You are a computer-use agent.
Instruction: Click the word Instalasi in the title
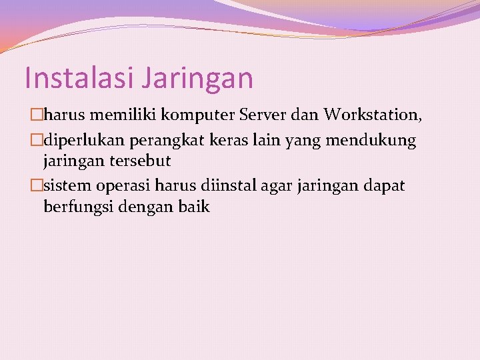[81, 77]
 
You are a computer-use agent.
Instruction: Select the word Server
[263, 115]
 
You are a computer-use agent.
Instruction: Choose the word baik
[194, 207]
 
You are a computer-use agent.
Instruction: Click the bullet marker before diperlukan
[37, 141]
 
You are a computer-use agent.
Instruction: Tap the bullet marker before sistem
[37, 186]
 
